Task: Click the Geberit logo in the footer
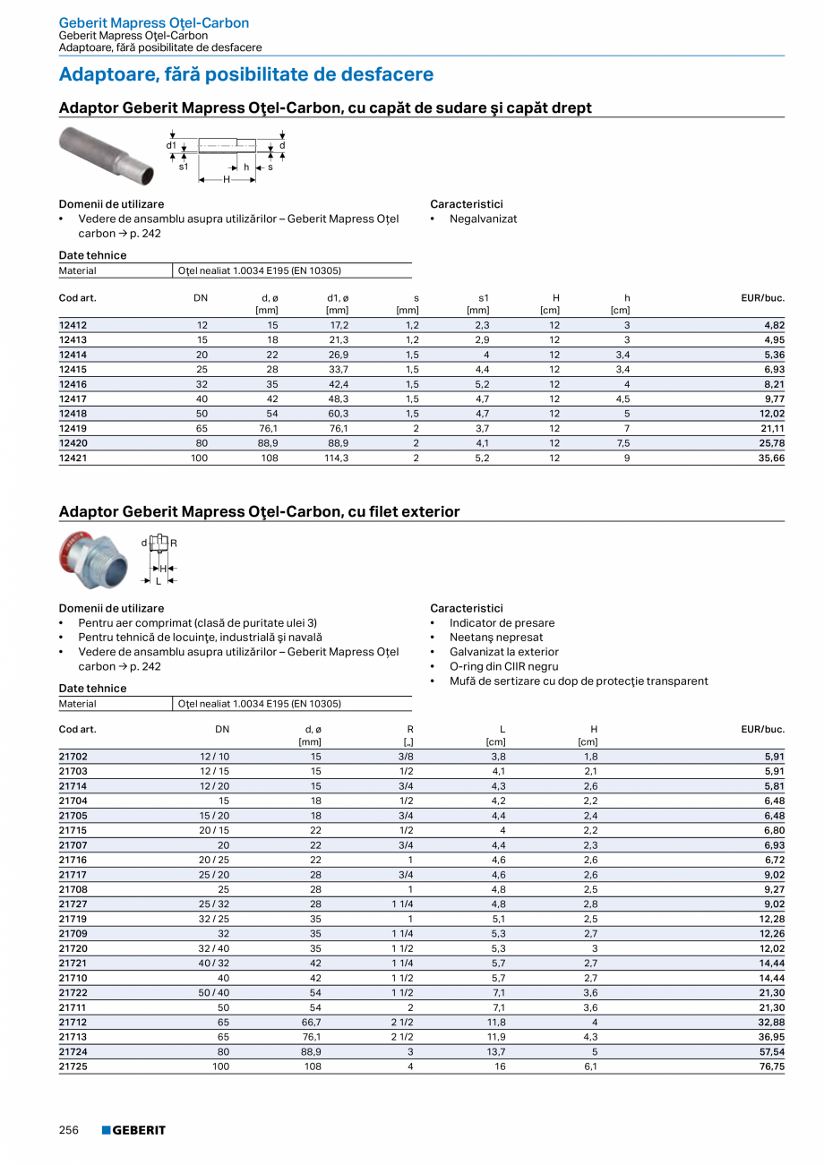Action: click(133, 1130)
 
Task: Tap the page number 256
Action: click(69, 1130)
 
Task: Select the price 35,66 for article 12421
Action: click(771, 458)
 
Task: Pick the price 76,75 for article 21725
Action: click(771, 1066)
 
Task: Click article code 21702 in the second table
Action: click(73, 757)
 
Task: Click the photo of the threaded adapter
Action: click(92, 559)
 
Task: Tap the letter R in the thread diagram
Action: click(174, 543)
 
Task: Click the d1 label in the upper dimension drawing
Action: click(170, 145)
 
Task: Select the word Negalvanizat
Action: click(483, 218)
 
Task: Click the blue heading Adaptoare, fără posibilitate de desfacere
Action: click(246, 74)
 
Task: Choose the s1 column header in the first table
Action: click(484, 298)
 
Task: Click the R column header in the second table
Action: click(410, 729)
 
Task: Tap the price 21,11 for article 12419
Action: click(771, 428)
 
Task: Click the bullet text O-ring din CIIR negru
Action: click(503, 666)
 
